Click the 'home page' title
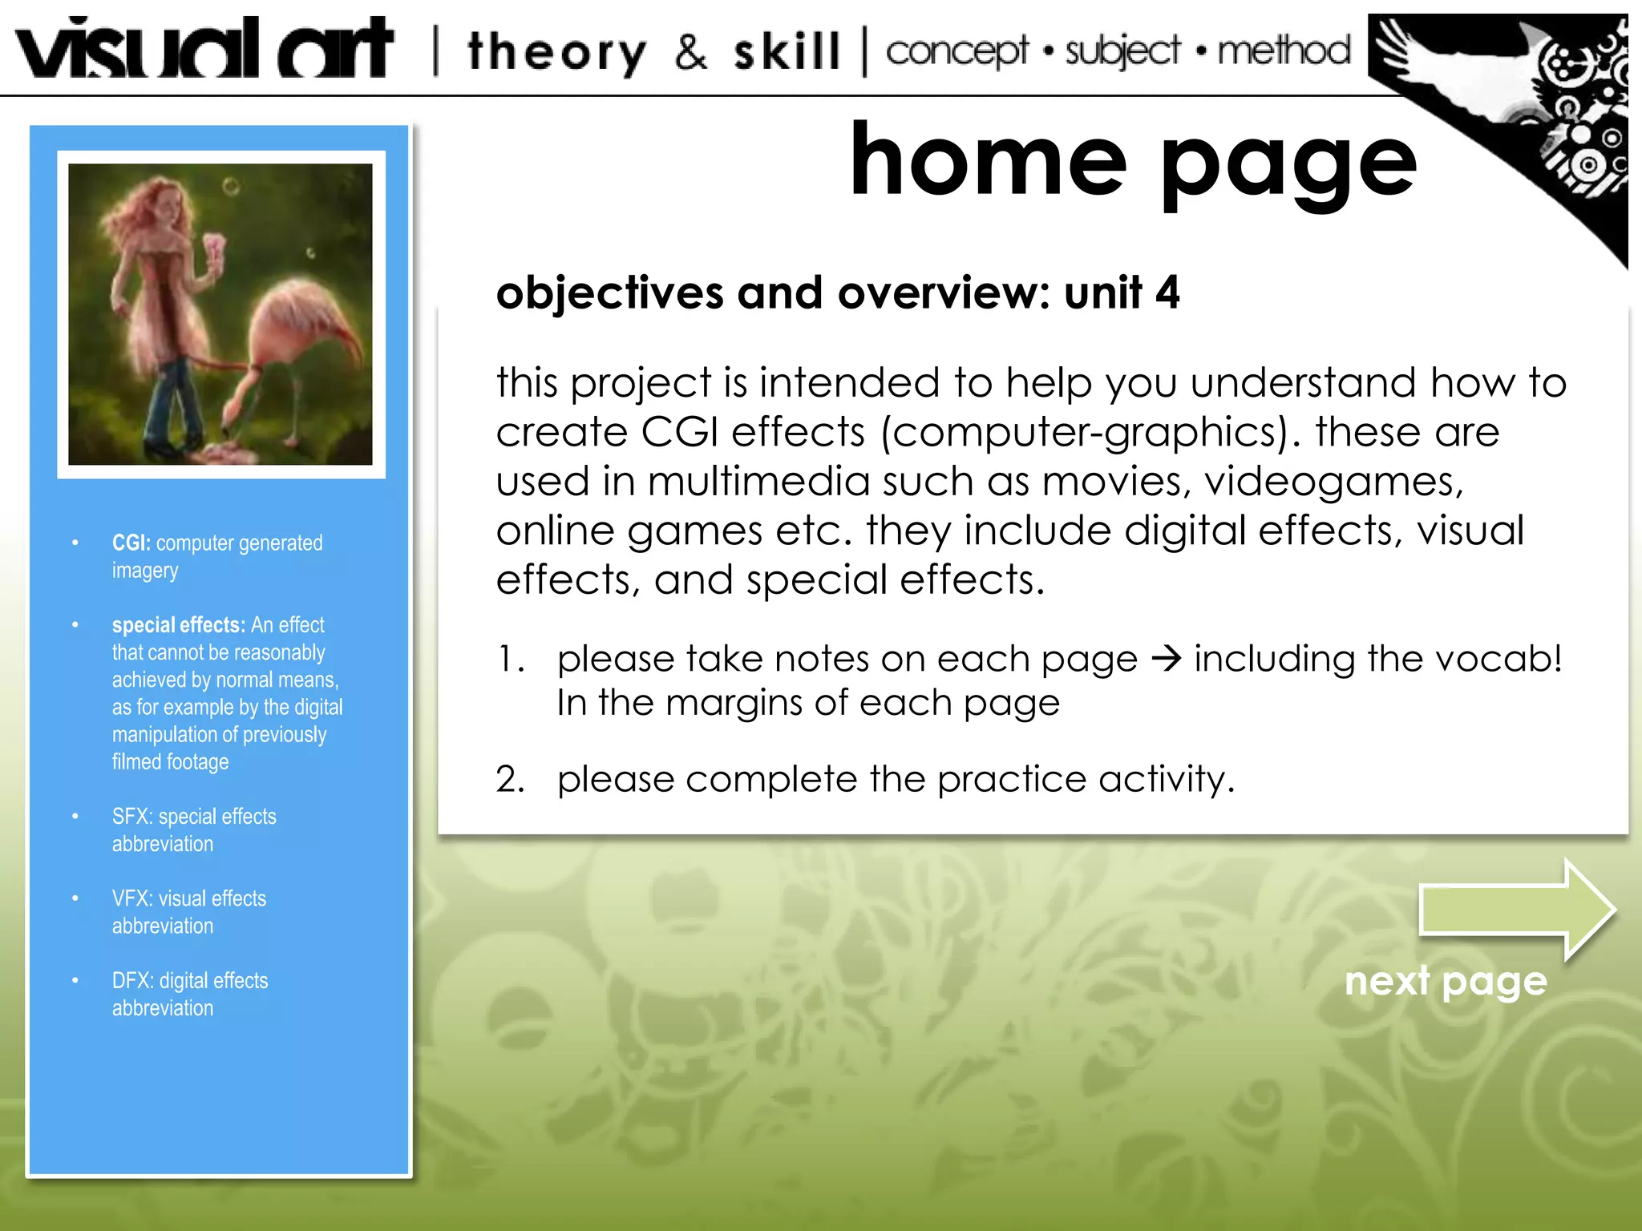(1133, 163)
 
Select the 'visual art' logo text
(204, 50)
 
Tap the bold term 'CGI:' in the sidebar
(131, 543)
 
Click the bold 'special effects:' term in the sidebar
(178, 625)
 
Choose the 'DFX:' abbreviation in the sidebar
(132, 981)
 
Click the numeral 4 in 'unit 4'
(1167, 293)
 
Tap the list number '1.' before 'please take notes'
(511, 660)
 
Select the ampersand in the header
(690, 52)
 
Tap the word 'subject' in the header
(1122, 52)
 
